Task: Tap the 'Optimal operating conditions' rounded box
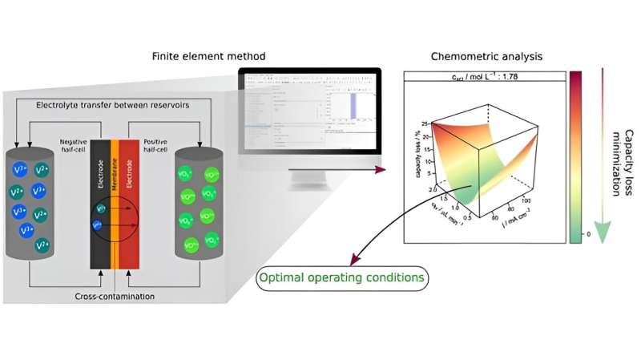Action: [342, 279]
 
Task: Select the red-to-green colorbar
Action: [575, 156]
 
